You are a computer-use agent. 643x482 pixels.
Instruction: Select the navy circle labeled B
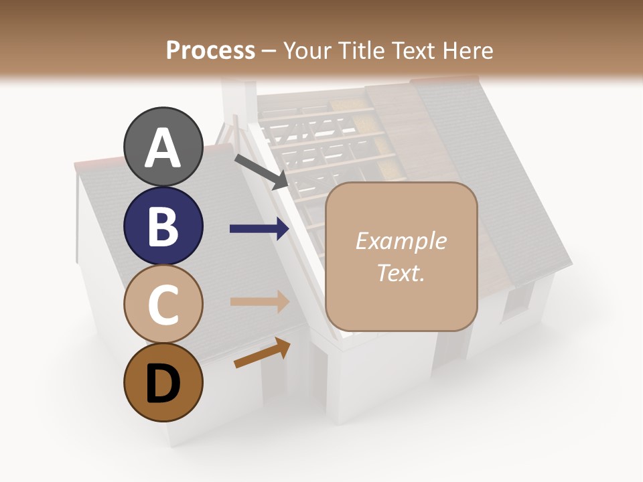tap(163, 226)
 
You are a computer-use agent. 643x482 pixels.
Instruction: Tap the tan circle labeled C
tap(163, 304)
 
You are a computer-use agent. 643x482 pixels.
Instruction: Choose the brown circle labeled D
tap(163, 383)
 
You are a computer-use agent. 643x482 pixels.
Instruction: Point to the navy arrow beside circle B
tap(260, 229)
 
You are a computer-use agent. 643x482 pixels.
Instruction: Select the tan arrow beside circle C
tap(260, 301)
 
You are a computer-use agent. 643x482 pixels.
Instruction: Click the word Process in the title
tap(210, 50)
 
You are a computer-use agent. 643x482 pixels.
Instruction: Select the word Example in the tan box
tap(401, 241)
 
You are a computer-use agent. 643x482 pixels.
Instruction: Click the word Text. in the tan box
tap(401, 273)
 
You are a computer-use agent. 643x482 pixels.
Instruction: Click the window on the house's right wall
tap(518, 301)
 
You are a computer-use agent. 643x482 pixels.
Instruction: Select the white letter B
tap(163, 227)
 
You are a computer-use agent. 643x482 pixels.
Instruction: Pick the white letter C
tap(163, 305)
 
